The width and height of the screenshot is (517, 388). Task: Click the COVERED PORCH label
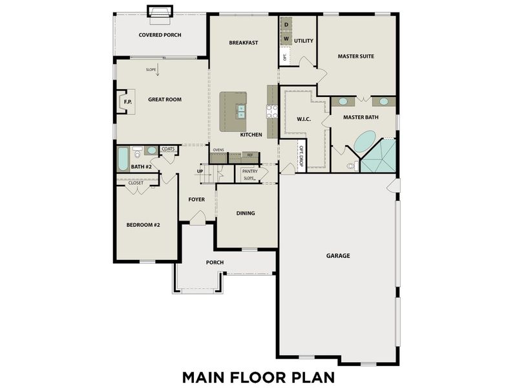pyautogui.click(x=160, y=34)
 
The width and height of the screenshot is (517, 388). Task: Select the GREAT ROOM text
pyautogui.click(x=164, y=100)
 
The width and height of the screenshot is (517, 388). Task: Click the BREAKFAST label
pyautogui.click(x=244, y=43)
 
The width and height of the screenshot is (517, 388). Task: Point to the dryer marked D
pyautogui.click(x=286, y=25)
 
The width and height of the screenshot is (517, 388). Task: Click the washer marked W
pyautogui.click(x=286, y=39)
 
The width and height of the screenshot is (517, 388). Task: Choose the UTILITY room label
pyautogui.click(x=304, y=41)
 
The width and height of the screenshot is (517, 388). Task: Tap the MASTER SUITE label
pyautogui.click(x=355, y=56)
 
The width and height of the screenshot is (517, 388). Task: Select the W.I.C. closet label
pyautogui.click(x=304, y=119)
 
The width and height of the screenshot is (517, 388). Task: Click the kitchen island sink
pyautogui.click(x=240, y=111)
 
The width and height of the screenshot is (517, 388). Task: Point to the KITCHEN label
pyautogui.click(x=251, y=135)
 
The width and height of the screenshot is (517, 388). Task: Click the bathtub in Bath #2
pyautogui.click(x=123, y=158)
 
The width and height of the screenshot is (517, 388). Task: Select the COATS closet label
pyautogui.click(x=168, y=149)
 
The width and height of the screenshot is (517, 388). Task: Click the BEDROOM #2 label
pyautogui.click(x=143, y=224)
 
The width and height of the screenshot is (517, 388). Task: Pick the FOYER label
pyautogui.click(x=196, y=199)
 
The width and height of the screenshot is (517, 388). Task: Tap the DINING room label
pyautogui.click(x=246, y=213)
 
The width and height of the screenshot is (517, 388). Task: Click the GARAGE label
pyautogui.click(x=338, y=255)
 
